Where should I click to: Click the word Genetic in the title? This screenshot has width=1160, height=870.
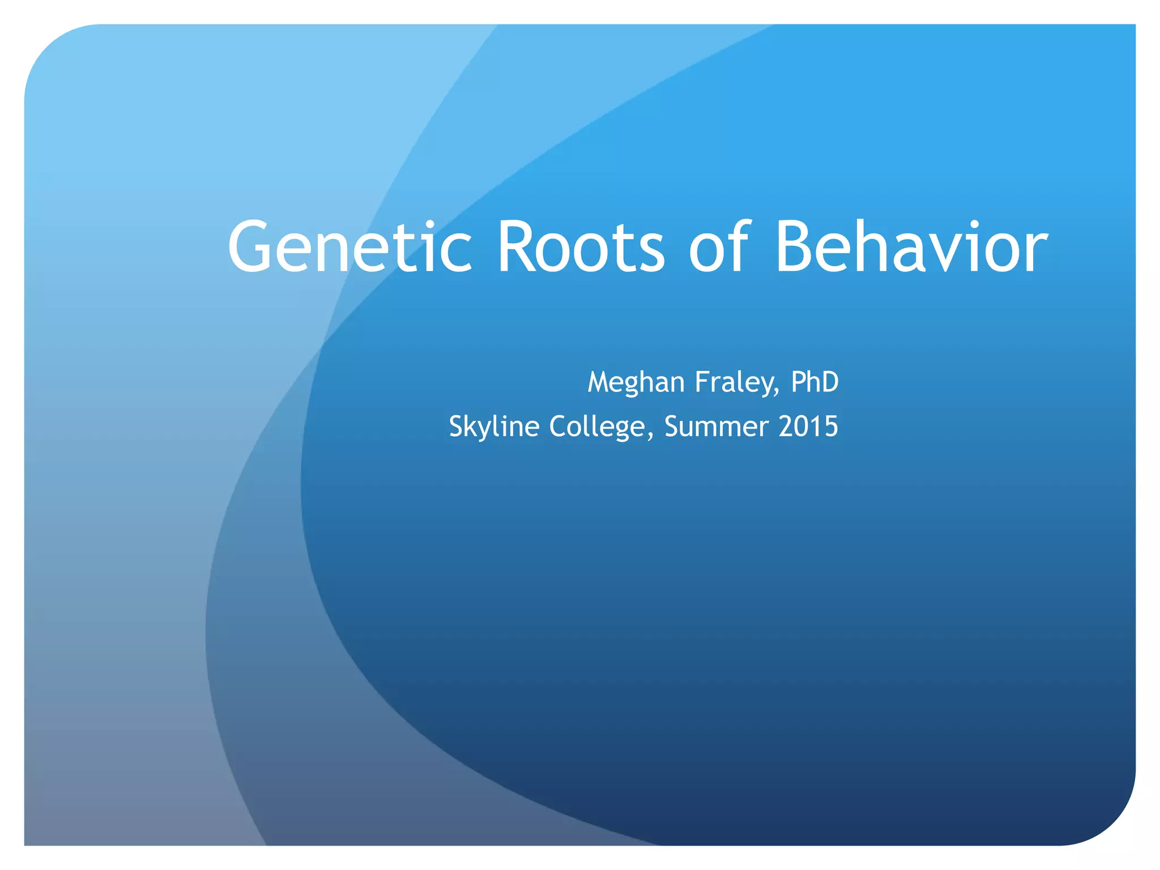[x=349, y=248]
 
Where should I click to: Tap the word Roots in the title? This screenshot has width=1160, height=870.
[x=581, y=248]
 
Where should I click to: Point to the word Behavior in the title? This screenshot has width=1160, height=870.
[x=911, y=248]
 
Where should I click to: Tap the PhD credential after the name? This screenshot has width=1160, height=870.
[x=814, y=382]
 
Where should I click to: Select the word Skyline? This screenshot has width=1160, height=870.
[x=494, y=427]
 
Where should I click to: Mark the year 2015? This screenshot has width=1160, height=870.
[x=808, y=427]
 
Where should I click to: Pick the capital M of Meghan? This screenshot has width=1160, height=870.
[x=600, y=382]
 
